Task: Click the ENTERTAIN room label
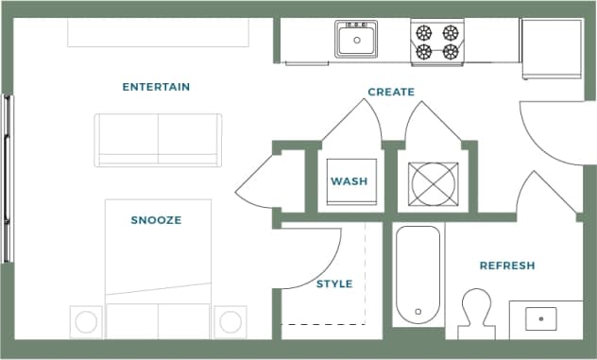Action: click(x=156, y=87)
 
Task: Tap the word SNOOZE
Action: click(x=156, y=220)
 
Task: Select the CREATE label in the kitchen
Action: click(x=391, y=92)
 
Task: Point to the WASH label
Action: click(x=349, y=181)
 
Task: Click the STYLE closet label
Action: click(x=334, y=283)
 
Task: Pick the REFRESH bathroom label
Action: click(x=507, y=266)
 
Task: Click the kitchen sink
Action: click(x=356, y=40)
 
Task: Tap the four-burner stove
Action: click(x=435, y=40)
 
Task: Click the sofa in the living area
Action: click(x=158, y=139)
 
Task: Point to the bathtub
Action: click(x=417, y=275)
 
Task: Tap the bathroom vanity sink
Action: click(x=541, y=318)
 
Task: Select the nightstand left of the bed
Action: click(x=86, y=321)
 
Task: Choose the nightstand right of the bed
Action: click(x=230, y=321)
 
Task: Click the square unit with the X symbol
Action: click(x=433, y=182)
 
